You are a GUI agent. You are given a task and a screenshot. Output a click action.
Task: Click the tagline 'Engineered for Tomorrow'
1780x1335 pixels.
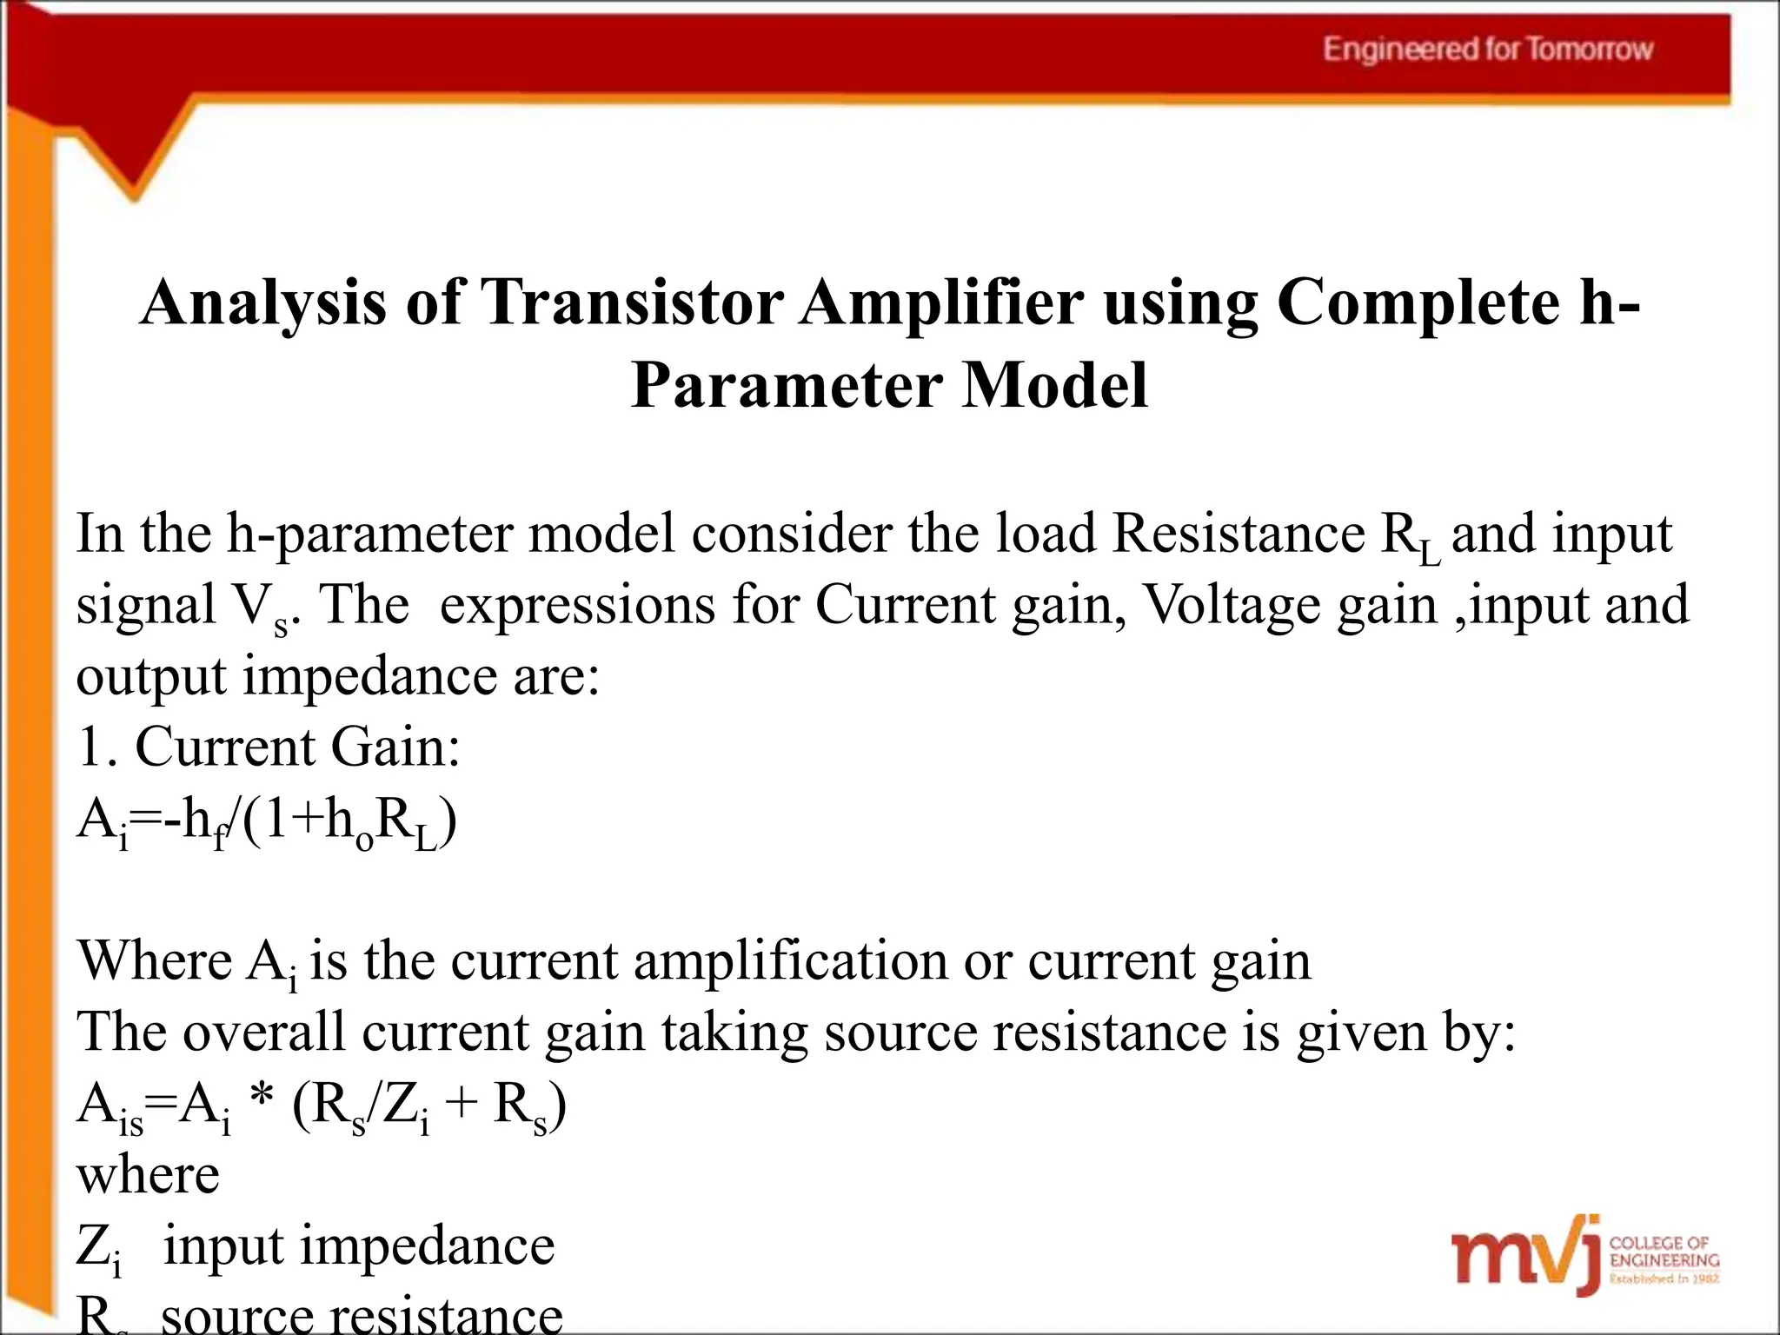click(x=1487, y=49)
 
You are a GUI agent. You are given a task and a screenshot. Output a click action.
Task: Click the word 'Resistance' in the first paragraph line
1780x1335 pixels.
click(x=1239, y=533)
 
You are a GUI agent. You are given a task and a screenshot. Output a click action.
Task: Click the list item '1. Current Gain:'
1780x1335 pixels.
click(x=269, y=747)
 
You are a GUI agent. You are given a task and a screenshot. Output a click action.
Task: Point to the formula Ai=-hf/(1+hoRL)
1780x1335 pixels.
click(x=267, y=821)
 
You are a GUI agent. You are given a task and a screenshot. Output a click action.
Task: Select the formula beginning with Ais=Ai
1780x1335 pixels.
click(x=322, y=1107)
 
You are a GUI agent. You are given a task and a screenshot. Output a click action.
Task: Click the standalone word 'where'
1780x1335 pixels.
click(x=149, y=1175)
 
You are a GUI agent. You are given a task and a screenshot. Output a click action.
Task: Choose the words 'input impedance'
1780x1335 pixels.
click(x=359, y=1246)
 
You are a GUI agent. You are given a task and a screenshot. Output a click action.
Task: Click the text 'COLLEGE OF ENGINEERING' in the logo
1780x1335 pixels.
click(x=1664, y=1252)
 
